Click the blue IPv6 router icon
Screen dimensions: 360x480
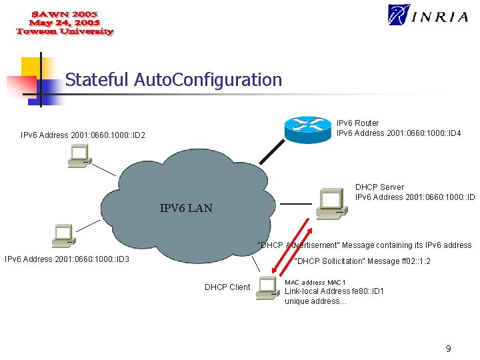(308, 128)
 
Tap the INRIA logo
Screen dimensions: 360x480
(428, 15)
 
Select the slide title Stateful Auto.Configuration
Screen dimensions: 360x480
(173, 80)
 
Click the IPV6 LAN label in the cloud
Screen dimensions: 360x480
(186, 208)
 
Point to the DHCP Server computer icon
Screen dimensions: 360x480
(329, 203)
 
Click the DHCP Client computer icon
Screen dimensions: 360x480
(268, 286)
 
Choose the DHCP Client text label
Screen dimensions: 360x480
(227, 287)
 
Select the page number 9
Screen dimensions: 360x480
(449, 348)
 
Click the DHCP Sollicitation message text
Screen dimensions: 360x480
(362, 261)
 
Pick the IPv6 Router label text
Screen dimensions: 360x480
(357, 123)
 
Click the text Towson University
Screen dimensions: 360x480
(65, 32)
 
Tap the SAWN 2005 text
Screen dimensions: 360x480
(65, 13)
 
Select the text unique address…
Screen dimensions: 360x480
(315, 301)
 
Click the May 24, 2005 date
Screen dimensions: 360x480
(65, 23)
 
